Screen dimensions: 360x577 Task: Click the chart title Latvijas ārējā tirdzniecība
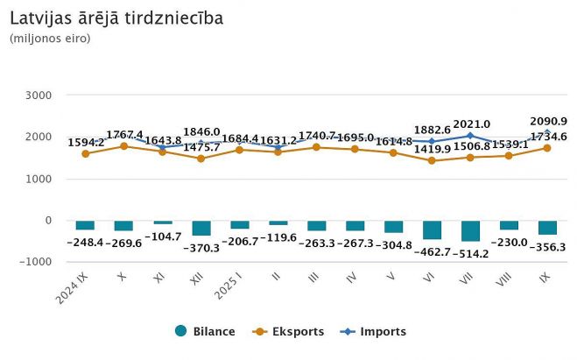pyautogui.click(x=116, y=18)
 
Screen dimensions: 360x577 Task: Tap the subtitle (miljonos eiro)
pyautogui.click(x=50, y=39)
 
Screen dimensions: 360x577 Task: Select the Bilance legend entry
pyautogui.click(x=206, y=332)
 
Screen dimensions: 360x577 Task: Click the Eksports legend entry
pyautogui.click(x=288, y=332)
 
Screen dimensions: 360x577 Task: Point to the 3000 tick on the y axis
pyautogui.click(x=39, y=95)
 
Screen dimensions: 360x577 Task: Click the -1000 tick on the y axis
pyautogui.click(x=36, y=262)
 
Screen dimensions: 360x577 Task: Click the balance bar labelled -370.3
pyautogui.click(x=201, y=228)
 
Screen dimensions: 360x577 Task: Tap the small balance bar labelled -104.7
pyautogui.click(x=162, y=222)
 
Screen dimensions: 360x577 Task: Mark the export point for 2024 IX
pyautogui.click(x=85, y=154)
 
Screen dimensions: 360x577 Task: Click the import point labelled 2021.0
pyautogui.click(x=470, y=136)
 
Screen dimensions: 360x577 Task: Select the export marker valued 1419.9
pyautogui.click(x=432, y=161)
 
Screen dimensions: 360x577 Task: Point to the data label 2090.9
pyautogui.click(x=549, y=121)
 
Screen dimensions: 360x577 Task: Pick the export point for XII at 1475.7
pyautogui.click(x=201, y=159)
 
